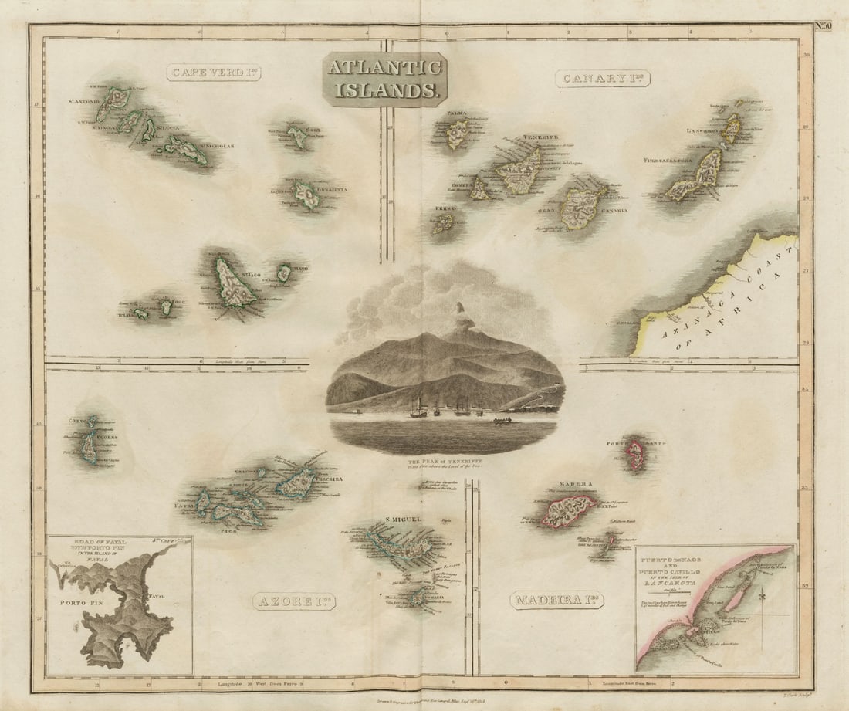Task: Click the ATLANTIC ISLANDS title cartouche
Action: (384, 79)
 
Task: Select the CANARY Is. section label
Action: (603, 78)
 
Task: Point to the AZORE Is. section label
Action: (294, 601)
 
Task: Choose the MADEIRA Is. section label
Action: (556, 600)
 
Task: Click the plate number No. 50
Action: (823, 26)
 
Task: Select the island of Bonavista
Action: (307, 195)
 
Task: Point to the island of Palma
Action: (458, 134)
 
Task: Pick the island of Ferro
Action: (443, 223)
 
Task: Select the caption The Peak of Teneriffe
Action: (444, 464)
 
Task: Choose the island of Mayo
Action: (284, 273)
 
